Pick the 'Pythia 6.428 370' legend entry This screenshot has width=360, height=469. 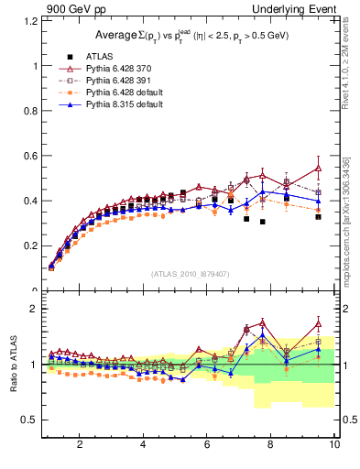click(x=118, y=69)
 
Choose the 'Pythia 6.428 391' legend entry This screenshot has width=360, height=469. click(x=118, y=81)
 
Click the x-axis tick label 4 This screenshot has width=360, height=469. click(x=143, y=445)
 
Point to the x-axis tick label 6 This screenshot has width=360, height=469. click(x=207, y=445)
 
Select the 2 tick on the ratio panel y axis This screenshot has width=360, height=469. click(x=36, y=309)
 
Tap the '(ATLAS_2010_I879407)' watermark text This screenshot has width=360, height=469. click(x=189, y=274)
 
